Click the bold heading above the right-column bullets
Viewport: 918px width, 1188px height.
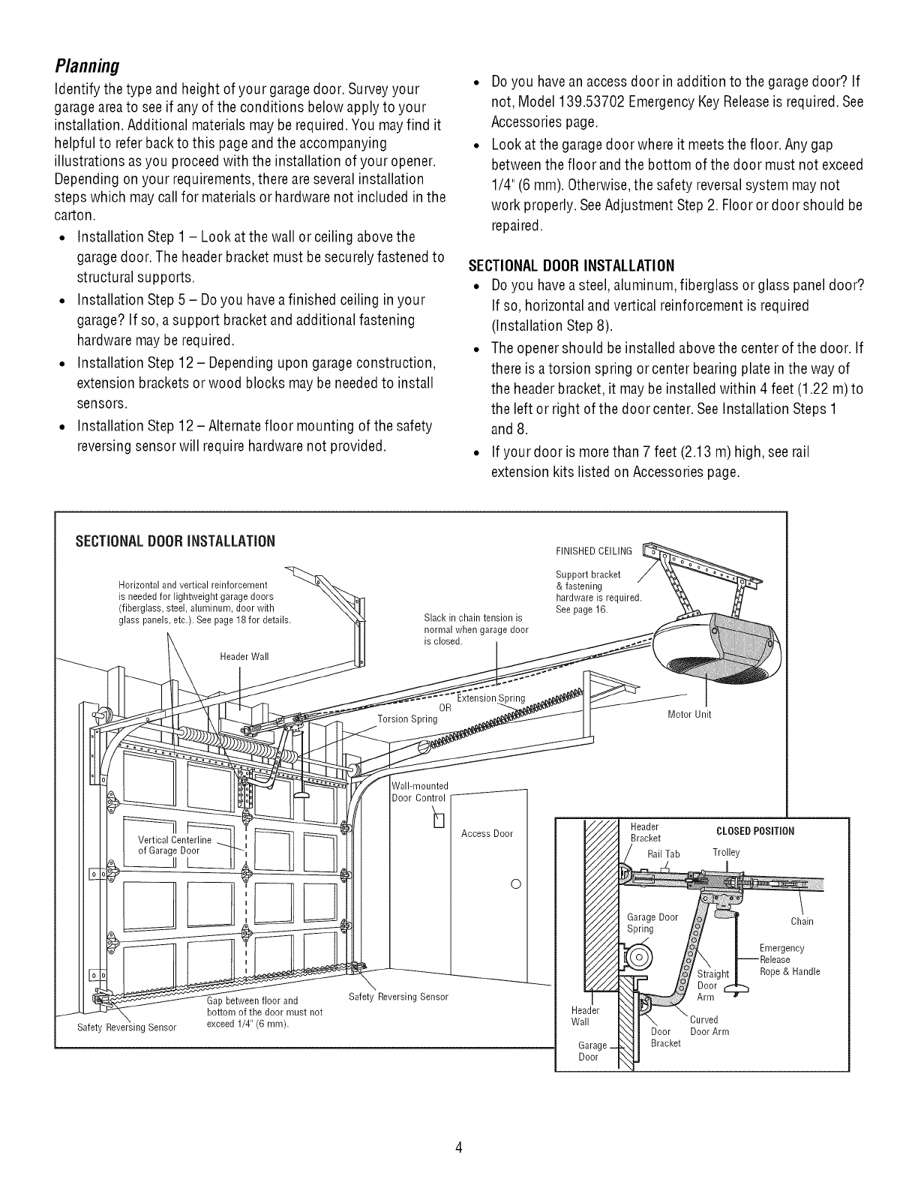tap(571, 265)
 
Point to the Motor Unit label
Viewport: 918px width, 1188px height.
tap(688, 714)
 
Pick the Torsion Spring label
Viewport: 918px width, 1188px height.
tap(407, 718)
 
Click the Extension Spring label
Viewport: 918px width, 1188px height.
tap(491, 698)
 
